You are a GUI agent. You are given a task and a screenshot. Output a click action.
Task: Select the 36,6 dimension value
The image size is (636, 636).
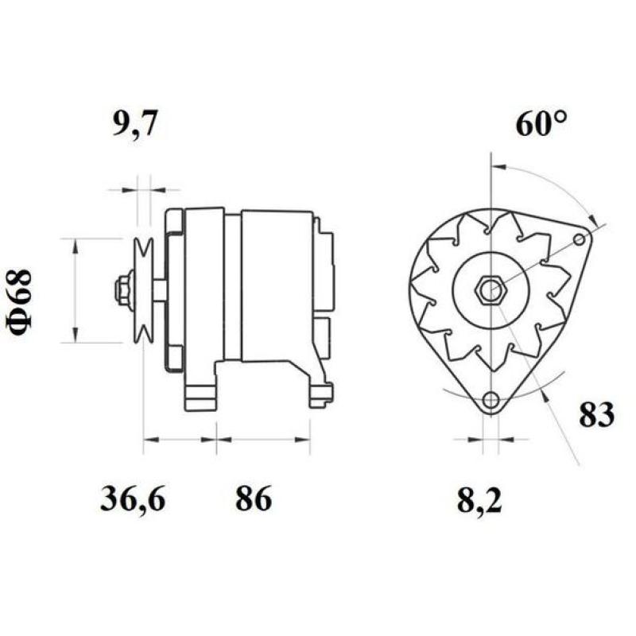(133, 499)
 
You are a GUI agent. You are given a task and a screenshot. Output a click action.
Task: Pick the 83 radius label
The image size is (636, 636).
(596, 414)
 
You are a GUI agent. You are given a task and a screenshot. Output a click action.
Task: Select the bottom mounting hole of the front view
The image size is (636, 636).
(491, 399)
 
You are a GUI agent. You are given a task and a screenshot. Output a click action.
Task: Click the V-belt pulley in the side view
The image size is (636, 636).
(144, 290)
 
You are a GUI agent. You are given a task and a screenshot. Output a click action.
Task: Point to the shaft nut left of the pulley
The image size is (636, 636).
(124, 290)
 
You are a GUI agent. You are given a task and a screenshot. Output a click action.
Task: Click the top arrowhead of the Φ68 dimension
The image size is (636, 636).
(76, 245)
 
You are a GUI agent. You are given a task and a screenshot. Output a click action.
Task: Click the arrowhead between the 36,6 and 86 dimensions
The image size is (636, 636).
(217, 438)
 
